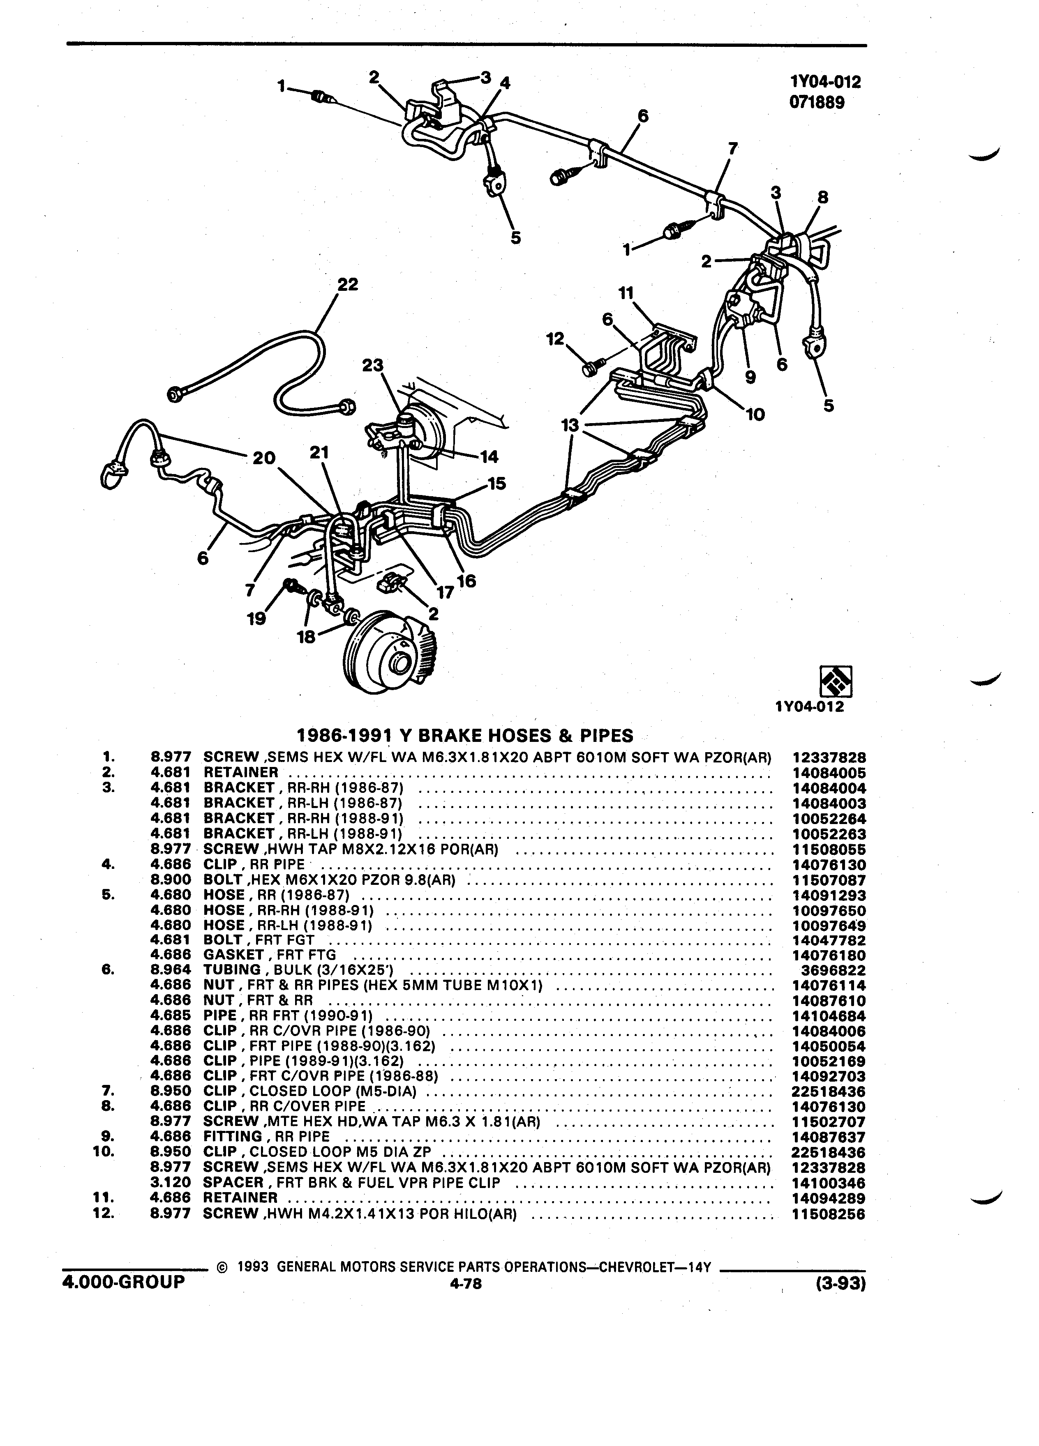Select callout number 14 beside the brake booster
(489, 456)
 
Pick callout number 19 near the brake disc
(256, 618)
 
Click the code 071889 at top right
(817, 103)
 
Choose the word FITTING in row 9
(233, 1137)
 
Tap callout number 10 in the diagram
(755, 415)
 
